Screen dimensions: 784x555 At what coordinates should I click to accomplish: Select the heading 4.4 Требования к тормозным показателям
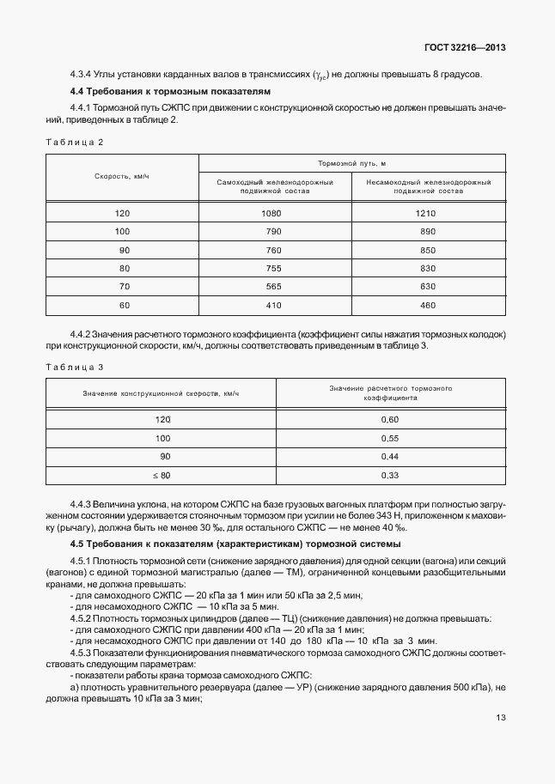pyautogui.click(x=170, y=90)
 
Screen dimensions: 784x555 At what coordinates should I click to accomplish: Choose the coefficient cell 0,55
pyautogui.click(x=390, y=437)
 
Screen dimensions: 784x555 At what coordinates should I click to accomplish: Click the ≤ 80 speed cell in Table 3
pyautogui.click(x=162, y=475)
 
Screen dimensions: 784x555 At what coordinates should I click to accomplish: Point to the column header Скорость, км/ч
pyautogui.click(x=122, y=176)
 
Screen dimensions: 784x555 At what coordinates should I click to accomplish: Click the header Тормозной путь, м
pyautogui.click(x=351, y=163)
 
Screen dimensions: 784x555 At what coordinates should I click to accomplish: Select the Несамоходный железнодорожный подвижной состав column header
pyautogui.click(x=428, y=187)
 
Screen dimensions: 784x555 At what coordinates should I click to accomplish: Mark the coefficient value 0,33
pyautogui.click(x=390, y=475)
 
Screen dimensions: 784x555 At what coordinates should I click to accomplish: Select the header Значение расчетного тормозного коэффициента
pyautogui.click(x=390, y=393)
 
